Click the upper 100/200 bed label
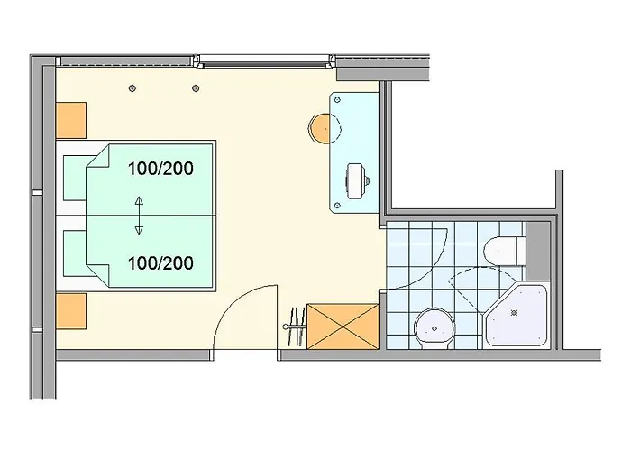click(161, 168)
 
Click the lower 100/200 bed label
click(161, 263)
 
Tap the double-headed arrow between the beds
click(139, 215)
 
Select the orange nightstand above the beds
click(72, 118)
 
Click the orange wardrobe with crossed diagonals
click(343, 326)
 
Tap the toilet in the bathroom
click(501, 248)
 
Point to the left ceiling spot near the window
click(133, 87)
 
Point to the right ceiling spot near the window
click(196, 87)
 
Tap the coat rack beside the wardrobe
click(295, 327)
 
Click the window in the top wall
click(261, 62)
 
